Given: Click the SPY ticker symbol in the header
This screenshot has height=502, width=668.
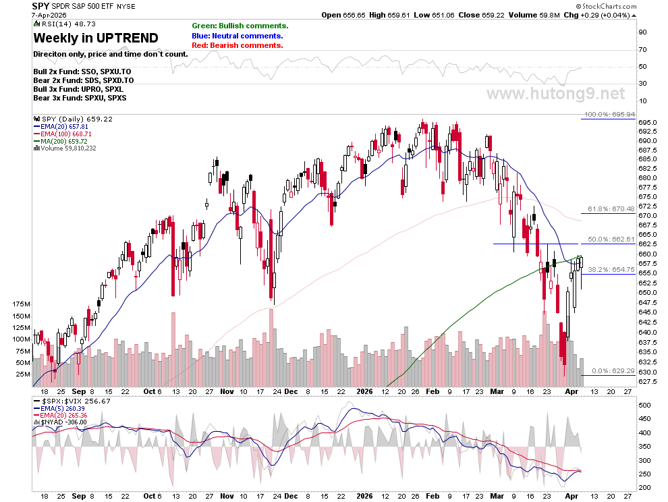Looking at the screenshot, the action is [41, 6].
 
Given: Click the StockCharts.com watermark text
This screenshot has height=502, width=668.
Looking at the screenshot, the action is [606, 6].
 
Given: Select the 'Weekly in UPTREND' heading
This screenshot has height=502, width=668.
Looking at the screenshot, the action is [96, 38].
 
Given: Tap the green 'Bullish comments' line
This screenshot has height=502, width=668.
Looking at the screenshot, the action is [240, 26].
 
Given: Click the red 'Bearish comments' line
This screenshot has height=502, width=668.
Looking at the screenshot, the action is [238, 45].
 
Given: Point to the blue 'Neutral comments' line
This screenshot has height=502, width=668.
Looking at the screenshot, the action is [238, 36].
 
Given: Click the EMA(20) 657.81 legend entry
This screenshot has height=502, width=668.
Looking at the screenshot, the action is [61, 127].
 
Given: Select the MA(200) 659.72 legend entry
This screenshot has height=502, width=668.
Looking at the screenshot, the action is [61, 141].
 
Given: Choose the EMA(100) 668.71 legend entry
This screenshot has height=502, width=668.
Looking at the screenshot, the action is [63, 134].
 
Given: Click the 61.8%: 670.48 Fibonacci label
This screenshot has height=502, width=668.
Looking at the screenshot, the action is [611, 208].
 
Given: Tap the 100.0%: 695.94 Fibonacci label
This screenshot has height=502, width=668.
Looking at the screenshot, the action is [610, 114].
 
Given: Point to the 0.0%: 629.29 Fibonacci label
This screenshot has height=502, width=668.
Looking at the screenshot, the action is [613, 370].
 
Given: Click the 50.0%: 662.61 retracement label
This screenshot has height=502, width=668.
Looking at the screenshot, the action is [611, 239].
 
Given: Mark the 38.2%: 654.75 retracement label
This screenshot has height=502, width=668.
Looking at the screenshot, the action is [611, 269].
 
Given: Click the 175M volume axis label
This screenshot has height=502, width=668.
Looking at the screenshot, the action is [22, 304].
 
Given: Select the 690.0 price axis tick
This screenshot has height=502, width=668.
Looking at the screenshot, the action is [647, 140].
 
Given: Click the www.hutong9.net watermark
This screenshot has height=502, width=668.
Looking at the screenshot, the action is [556, 93].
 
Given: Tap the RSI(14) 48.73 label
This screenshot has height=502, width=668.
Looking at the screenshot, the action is [66, 24].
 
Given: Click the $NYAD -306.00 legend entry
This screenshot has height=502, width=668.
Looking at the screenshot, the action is [61, 422].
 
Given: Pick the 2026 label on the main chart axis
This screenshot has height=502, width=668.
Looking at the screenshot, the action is [364, 391].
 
